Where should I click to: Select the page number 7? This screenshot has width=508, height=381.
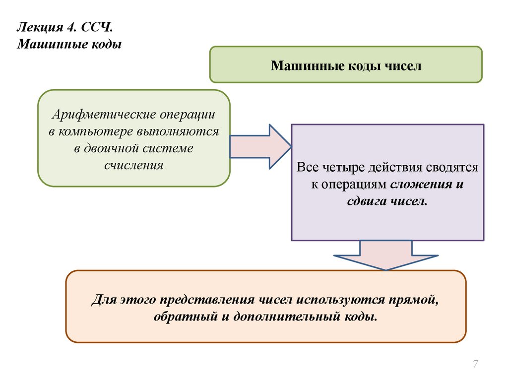[475, 365]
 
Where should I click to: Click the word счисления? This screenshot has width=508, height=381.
[134, 165]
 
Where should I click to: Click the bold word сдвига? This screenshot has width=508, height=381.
[367, 202]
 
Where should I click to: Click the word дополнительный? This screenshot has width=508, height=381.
[283, 316]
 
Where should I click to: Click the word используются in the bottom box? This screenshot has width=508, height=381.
[340, 299]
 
